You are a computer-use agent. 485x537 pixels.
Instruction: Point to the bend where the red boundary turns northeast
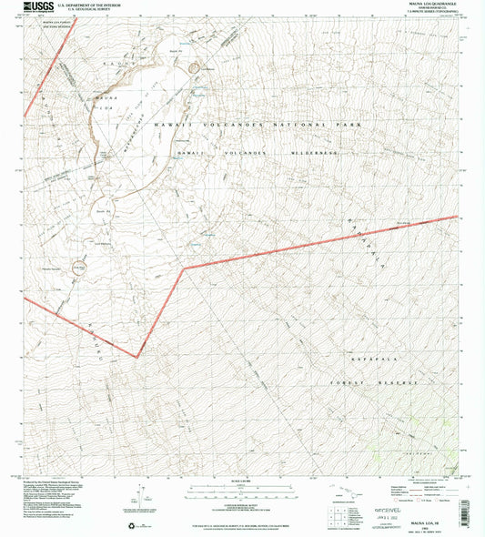[x=185, y=268]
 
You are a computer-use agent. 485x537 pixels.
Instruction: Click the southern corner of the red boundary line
[x=136, y=356]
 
